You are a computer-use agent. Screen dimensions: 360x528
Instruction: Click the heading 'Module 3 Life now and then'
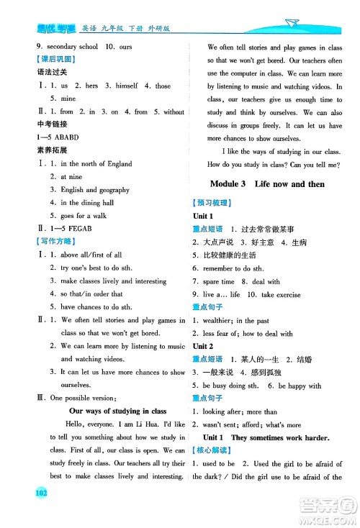tap(265, 184)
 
